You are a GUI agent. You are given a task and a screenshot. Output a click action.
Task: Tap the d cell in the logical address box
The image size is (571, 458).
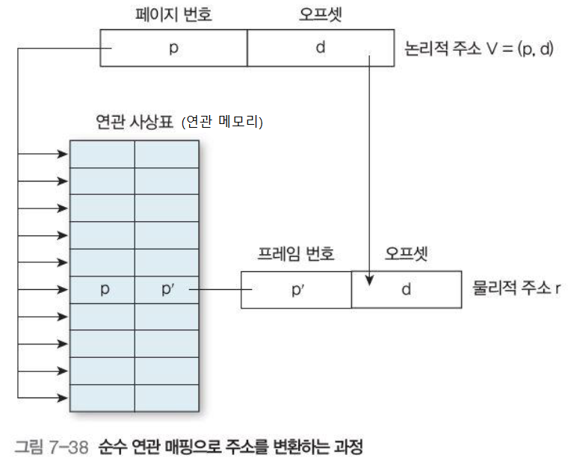(320, 48)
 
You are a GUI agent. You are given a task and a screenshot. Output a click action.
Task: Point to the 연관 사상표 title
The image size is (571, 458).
(135, 123)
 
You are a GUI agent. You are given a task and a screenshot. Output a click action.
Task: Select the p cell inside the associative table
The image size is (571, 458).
(103, 290)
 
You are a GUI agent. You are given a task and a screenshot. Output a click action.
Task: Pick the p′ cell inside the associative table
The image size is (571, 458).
(167, 290)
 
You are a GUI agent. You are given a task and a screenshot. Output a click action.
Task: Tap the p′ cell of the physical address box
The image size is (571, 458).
(296, 290)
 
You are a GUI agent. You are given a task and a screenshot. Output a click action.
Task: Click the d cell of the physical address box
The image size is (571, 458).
(406, 290)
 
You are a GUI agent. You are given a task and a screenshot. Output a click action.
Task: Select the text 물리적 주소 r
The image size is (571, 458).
(516, 288)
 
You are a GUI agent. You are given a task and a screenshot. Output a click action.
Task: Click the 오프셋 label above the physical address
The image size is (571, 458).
(406, 254)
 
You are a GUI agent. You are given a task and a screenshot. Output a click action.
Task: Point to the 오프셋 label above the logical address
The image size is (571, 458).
(320, 14)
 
